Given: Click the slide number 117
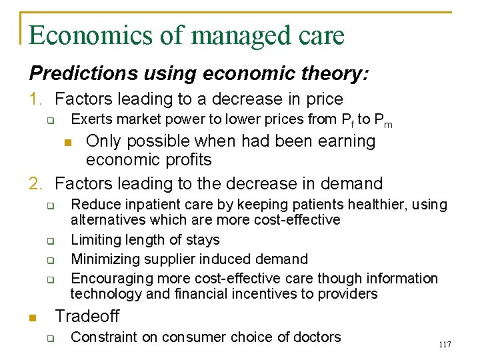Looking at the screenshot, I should [445, 345].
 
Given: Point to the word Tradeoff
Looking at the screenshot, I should [87, 316].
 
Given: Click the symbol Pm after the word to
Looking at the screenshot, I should [383, 121].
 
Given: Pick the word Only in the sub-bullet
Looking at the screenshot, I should [102, 141].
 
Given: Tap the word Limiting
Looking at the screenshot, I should [93, 239].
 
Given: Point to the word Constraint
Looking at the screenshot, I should [103, 337].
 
